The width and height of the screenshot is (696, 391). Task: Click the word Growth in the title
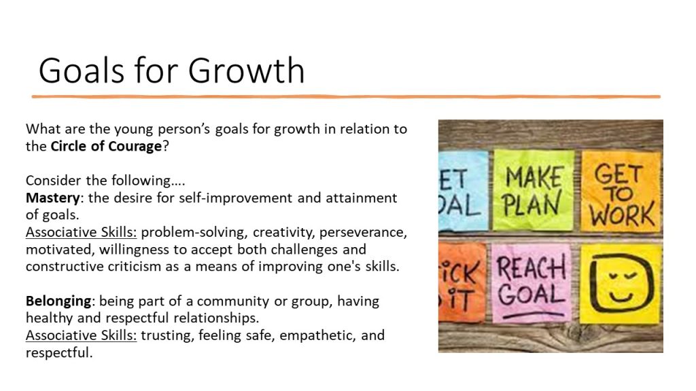(246, 71)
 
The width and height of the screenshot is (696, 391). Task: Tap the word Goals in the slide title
(82, 71)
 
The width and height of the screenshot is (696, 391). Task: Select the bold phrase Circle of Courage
(106, 147)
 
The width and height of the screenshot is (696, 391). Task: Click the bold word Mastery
(53, 198)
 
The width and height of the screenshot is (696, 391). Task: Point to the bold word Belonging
(58, 301)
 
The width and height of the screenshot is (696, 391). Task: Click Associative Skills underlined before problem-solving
(82, 232)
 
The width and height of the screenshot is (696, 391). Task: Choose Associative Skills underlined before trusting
(82, 335)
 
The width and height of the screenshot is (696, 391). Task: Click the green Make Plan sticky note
(534, 190)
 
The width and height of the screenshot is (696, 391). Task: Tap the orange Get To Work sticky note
(621, 191)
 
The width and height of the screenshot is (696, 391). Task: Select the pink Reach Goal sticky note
(532, 283)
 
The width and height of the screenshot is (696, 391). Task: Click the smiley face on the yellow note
(622, 283)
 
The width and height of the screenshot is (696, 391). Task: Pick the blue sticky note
(462, 191)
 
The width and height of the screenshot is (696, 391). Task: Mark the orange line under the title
(346, 96)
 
